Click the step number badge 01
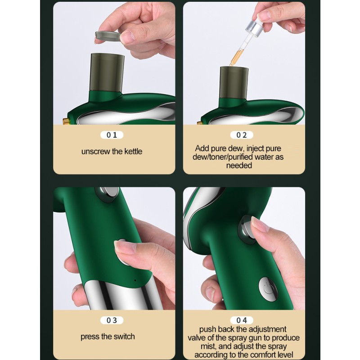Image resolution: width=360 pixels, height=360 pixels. click(112, 135)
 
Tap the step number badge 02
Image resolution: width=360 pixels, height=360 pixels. click(242, 135)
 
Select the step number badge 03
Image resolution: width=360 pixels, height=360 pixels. click(112, 320)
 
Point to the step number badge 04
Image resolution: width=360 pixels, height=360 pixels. click(242, 320)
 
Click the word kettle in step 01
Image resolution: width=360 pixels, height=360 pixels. click(133, 152)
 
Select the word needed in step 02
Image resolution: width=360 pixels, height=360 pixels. click(239, 165)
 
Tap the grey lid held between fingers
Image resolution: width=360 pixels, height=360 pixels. click(108, 37)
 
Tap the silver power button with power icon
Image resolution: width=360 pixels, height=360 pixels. click(268, 289)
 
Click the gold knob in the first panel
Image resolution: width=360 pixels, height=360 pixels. click(66, 121)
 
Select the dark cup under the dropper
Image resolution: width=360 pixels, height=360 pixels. click(234, 83)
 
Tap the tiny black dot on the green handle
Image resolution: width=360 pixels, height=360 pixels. click(135, 280)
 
